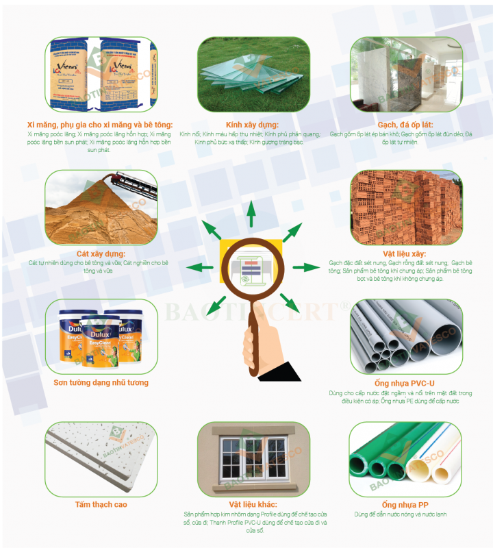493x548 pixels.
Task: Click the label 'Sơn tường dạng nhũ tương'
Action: (101, 382)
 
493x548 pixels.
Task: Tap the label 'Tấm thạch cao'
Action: (101, 505)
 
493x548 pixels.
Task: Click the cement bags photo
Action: (101, 75)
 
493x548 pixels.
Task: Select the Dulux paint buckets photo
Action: (101, 334)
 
